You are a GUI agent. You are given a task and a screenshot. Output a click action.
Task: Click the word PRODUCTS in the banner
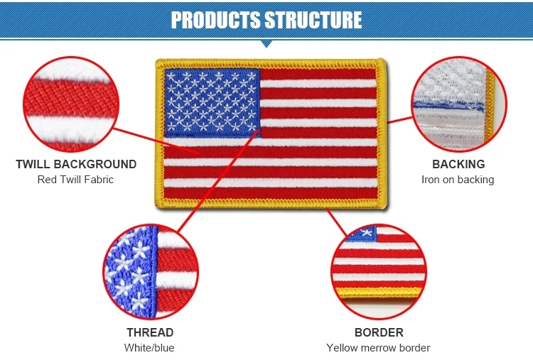pos(215,20)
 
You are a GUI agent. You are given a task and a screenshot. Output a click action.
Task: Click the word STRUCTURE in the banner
pos(313,20)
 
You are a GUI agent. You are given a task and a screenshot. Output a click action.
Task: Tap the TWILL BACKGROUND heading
pos(76,164)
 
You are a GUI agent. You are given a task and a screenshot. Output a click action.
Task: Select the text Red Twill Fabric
pos(75,180)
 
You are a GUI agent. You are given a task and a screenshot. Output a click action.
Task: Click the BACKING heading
pos(458,164)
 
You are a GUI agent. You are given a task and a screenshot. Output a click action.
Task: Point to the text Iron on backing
pos(458,180)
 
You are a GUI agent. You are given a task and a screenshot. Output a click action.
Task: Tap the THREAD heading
pos(150,332)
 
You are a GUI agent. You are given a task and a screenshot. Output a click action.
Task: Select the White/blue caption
pos(149,348)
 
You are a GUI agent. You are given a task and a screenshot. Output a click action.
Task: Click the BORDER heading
pos(379,332)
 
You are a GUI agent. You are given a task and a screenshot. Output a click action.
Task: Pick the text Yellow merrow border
pos(378,348)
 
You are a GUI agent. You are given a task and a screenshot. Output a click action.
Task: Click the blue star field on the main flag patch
pos(212,102)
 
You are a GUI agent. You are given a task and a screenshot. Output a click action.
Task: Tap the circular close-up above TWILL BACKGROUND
pos(71,104)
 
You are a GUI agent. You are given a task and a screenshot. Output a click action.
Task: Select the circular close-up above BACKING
pos(459,104)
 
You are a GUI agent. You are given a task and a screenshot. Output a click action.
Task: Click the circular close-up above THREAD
pos(151,272)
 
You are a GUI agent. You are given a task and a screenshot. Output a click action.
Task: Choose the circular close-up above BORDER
pos(379,272)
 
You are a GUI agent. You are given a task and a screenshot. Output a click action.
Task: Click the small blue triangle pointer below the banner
pos(266,44)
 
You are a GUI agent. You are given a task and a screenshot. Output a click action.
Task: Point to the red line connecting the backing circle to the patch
pos(399,120)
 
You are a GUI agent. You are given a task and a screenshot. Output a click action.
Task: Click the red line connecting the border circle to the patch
pos(336,222)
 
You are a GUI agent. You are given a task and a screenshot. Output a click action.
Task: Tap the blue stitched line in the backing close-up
pos(448,105)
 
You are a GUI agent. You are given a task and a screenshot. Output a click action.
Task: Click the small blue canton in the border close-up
pos(362,234)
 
